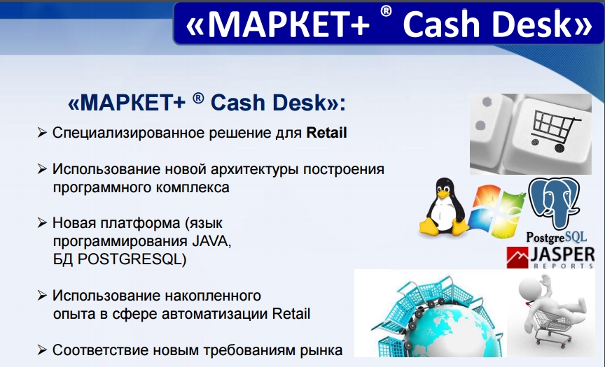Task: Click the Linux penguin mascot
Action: (x=444, y=207)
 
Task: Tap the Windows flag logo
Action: (x=496, y=211)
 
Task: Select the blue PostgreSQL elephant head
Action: (x=554, y=202)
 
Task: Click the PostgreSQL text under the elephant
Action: (x=557, y=237)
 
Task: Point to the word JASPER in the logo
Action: (x=562, y=254)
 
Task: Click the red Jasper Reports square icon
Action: (x=517, y=257)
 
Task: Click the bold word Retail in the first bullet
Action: (x=326, y=133)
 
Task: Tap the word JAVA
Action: (x=211, y=241)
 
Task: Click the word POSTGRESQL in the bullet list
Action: (x=132, y=259)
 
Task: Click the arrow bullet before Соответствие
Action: (x=42, y=350)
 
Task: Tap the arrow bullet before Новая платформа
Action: (x=42, y=222)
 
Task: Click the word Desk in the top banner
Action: (x=531, y=24)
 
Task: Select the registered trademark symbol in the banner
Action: (x=386, y=11)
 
